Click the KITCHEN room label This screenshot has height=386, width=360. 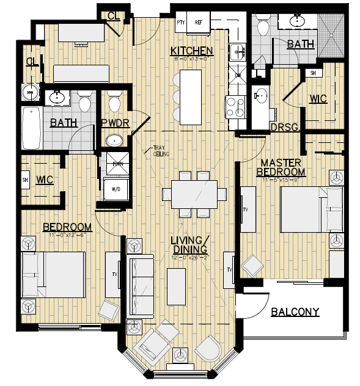tap(191, 51)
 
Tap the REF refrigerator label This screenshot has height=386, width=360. tap(198, 23)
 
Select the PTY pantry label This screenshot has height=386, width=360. tap(180, 23)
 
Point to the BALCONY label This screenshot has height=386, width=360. tap(295, 312)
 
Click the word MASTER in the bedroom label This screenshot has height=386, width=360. tap(281, 162)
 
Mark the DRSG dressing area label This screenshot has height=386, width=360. tap(284, 127)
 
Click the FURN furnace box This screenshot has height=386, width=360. tap(116, 164)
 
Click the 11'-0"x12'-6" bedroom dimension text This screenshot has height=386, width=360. tap(67, 236)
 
